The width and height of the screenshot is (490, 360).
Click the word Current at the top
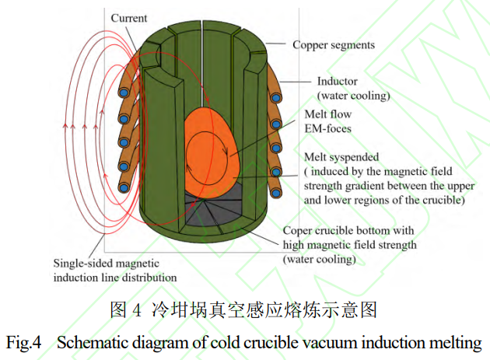130,17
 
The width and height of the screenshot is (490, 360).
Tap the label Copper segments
334,44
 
